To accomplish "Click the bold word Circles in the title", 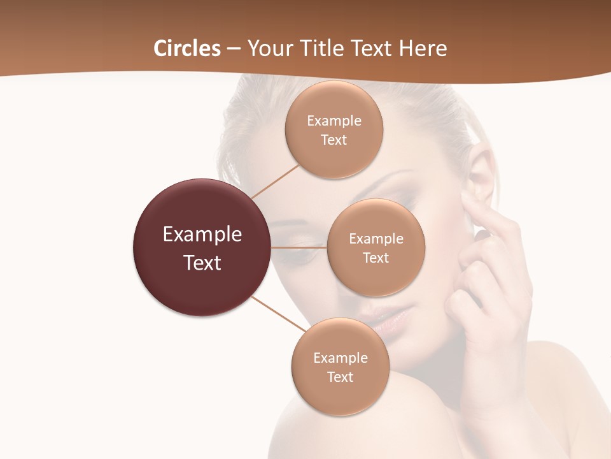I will [187, 48].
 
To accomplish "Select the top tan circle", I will [334, 102].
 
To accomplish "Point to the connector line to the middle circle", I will [299, 247].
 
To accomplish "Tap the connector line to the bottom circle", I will [280, 314].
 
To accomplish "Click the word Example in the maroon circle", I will [202, 235].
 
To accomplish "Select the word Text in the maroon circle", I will [202, 263].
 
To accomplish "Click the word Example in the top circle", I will [334, 121].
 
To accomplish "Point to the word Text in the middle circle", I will [376, 258].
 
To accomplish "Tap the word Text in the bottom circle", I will [340, 377].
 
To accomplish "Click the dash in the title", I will [234, 48].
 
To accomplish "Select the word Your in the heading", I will [268, 48].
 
